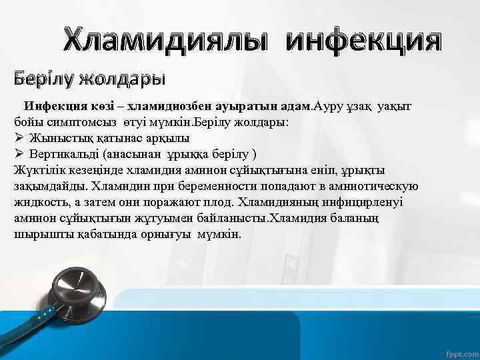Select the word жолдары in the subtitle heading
click(121, 79)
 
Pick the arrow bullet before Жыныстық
click(19, 139)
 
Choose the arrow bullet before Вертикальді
click(19, 154)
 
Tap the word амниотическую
click(373, 186)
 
